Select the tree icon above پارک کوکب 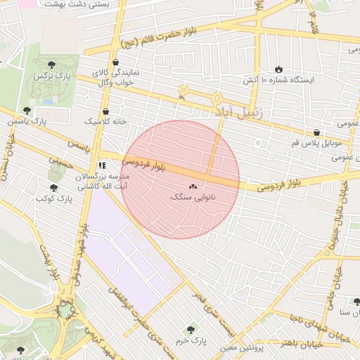(x=53, y=188)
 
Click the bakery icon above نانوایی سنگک (x=193, y=186)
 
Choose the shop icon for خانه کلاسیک (x=105, y=111)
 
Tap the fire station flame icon (x=279, y=69)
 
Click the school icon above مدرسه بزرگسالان (x=103, y=165)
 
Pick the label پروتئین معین (x=239, y=347)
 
